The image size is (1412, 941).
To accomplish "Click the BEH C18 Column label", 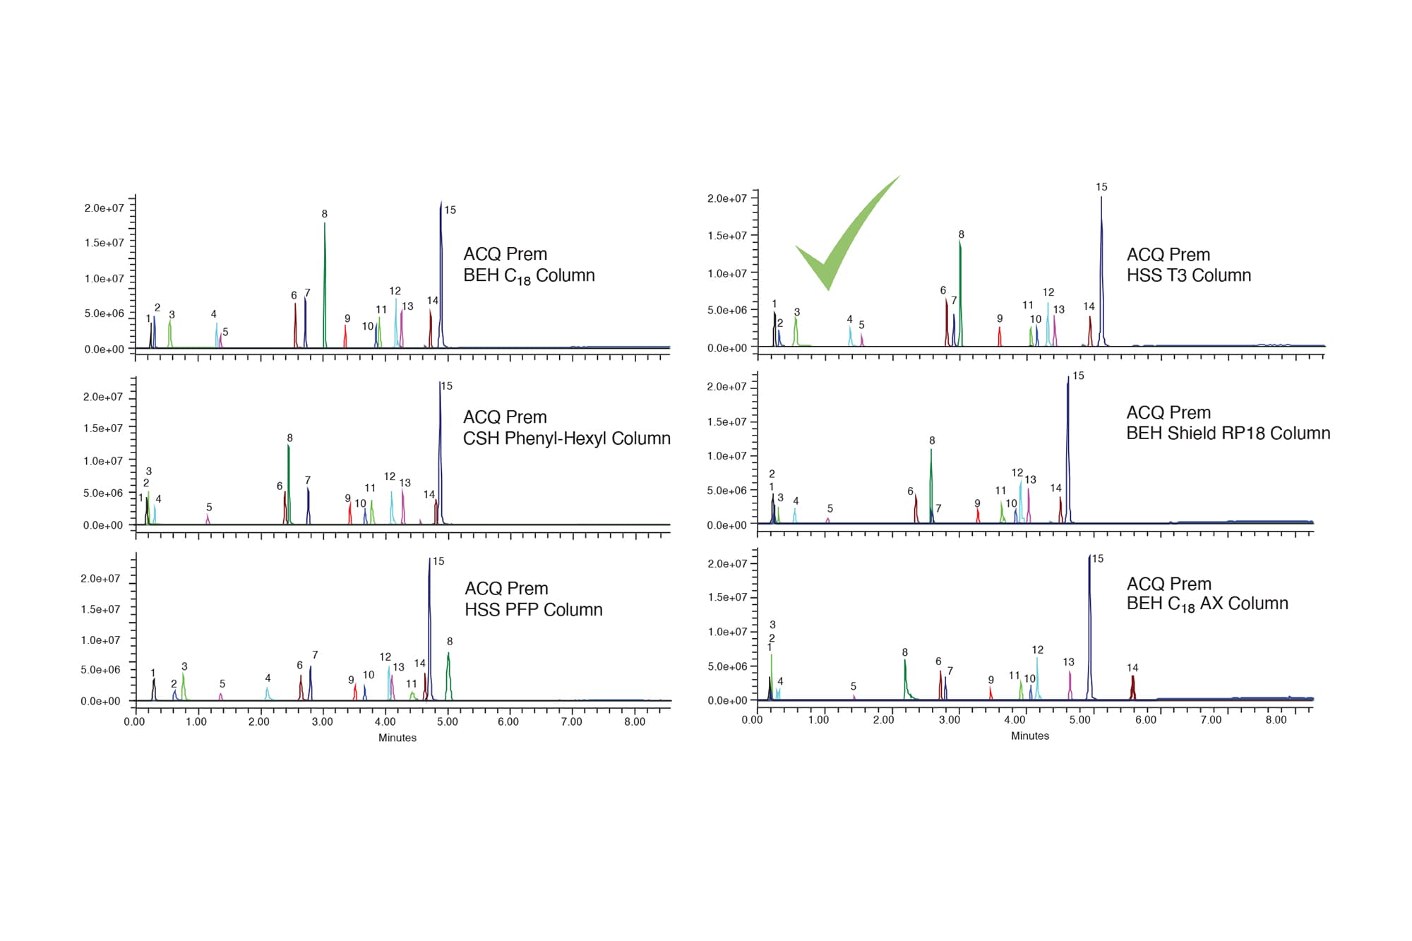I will tap(529, 265).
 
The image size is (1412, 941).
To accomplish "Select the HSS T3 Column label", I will tap(1188, 265).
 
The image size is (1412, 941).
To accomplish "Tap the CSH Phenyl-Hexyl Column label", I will tap(566, 428).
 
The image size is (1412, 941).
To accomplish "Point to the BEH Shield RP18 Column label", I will tap(1228, 423).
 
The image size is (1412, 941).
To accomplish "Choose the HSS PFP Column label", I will tap(533, 599).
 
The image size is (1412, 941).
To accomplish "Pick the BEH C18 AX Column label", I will tap(1207, 594).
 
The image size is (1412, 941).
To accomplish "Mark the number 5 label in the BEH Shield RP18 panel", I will tap(830, 508).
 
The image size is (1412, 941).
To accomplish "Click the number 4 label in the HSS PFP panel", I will tap(268, 678).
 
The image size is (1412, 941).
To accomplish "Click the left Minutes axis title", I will tap(397, 738).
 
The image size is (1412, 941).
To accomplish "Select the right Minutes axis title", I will tap(1029, 736).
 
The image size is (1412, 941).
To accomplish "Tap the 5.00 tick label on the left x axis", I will tap(447, 721).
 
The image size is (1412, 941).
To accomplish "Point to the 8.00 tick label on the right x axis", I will tap(1275, 720).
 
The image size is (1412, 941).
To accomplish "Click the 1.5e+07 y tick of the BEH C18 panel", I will tap(104, 243).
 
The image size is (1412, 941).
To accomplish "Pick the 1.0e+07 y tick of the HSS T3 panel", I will tap(727, 273).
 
